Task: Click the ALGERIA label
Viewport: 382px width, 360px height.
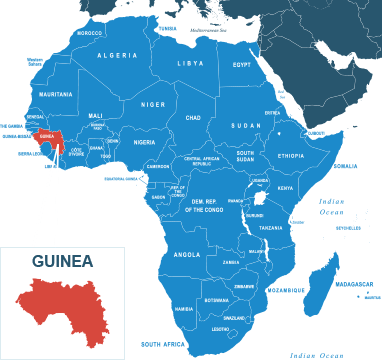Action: (117, 55)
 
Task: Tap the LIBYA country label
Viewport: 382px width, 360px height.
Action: (190, 63)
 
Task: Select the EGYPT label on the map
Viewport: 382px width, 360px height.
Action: (242, 64)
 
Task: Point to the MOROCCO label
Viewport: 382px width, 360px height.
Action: (90, 32)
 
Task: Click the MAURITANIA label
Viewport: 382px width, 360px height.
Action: (55, 94)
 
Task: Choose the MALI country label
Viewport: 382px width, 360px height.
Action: (96, 115)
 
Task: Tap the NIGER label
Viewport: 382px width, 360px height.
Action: (153, 104)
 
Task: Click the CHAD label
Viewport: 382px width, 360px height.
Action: (193, 117)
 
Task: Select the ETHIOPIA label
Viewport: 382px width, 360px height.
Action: (291, 156)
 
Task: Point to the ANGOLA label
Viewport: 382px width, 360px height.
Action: (187, 254)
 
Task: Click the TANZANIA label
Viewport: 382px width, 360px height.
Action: (271, 228)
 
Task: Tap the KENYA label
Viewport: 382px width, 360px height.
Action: (285, 187)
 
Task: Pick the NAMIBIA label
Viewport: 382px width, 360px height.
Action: (184, 309)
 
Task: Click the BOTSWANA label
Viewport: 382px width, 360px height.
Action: (216, 300)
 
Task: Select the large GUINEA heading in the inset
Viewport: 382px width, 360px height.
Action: (62, 262)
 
